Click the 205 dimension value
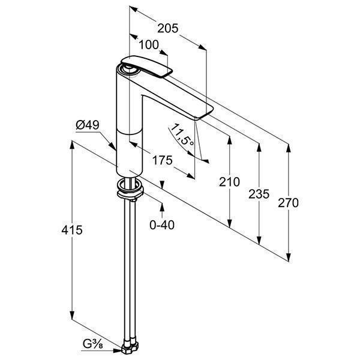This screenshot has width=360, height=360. pyautogui.click(x=167, y=28)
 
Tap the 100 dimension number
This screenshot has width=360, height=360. pyautogui.click(x=149, y=45)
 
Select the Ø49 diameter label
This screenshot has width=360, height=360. pyautogui.click(x=88, y=125)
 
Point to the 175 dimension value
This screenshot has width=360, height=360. pyautogui.click(x=163, y=160)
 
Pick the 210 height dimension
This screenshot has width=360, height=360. pyautogui.click(x=229, y=182)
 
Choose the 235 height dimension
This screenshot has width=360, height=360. pyautogui.click(x=259, y=194)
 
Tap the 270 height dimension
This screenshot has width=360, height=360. pyautogui.click(x=288, y=203)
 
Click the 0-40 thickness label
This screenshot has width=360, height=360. pyautogui.click(x=162, y=225)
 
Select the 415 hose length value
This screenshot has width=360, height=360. pyautogui.click(x=72, y=230)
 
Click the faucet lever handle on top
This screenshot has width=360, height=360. pyautogui.click(x=146, y=65)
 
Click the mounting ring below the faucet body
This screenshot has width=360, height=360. pyautogui.click(x=130, y=189)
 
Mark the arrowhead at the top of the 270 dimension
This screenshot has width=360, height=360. pyautogui.click(x=289, y=148)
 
